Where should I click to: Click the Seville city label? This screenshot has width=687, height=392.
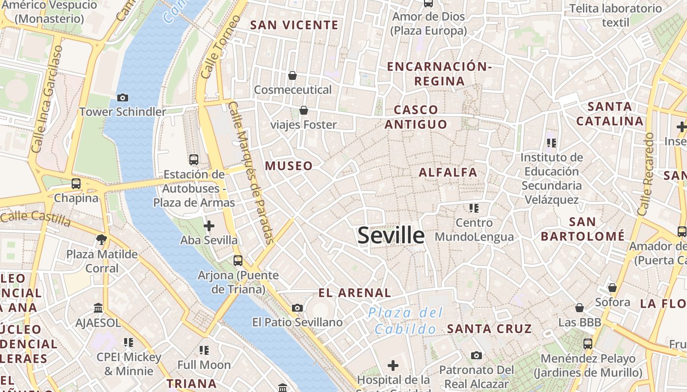click(x=391, y=236)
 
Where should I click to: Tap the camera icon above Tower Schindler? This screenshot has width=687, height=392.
click(x=123, y=98)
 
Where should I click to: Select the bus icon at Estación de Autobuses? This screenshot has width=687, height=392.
click(x=194, y=159)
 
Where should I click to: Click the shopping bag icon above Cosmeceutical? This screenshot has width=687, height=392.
click(x=292, y=75)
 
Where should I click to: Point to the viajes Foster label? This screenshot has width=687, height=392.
click(x=304, y=124)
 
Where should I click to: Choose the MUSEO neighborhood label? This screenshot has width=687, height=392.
click(x=289, y=166)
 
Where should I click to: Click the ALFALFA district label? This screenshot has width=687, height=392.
click(x=448, y=172)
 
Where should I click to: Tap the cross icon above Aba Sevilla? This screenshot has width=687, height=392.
click(x=209, y=226)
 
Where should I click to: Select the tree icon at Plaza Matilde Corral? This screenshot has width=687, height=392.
click(x=102, y=240)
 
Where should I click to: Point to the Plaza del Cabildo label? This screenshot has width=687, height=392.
click(x=406, y=321)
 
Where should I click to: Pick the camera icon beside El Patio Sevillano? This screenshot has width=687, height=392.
click(x=297, y=308)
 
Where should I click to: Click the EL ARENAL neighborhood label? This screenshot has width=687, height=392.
click(x=354, y=293)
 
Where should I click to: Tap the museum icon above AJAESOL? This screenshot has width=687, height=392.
click(x=98, y=308)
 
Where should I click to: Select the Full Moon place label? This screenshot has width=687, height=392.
click(x=204, y=365)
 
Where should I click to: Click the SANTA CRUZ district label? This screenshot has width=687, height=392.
click(x=489, y=329)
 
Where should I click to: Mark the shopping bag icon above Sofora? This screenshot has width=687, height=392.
click(x=612, y=288)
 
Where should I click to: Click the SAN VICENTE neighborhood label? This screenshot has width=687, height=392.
click(x=294, y=25)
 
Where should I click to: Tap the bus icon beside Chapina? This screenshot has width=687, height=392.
click(x=76, y=184)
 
